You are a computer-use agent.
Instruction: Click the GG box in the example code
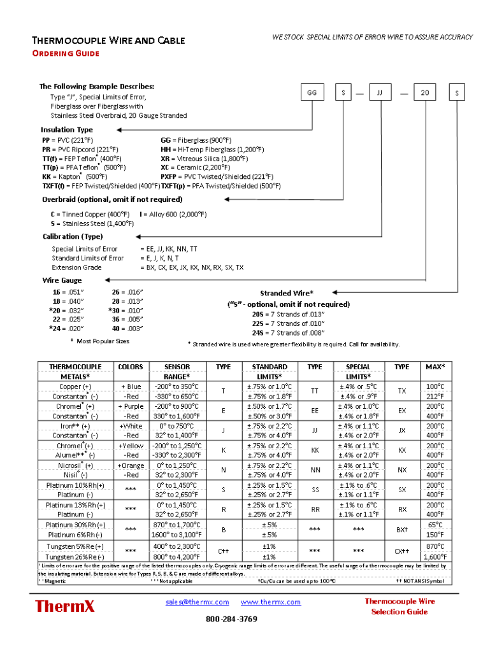click(x=312, y=93)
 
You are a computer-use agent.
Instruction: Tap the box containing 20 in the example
click(x=425, y=93)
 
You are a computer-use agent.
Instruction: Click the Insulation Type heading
click(x=67, y=130)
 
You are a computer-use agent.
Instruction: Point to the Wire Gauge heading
click(x=62, y=280)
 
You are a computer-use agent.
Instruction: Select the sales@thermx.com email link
click(x=197, y=602)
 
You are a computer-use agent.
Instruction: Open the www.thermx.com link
click(x=270, y=602)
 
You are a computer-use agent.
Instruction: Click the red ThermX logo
click(x=65, y=606)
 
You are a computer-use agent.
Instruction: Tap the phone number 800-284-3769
click(x=231, y=619)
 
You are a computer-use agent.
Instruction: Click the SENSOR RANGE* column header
click(x=177, y=372)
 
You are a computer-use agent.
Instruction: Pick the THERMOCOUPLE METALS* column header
click(x=75, y=372)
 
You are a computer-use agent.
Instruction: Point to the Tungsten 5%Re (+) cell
click(x=75, y=546)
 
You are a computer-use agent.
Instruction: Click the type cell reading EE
click(x=315, y=411)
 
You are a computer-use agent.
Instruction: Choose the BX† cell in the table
click(x=402, y=530)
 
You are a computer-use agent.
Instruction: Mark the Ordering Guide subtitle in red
click(x=66, y=53)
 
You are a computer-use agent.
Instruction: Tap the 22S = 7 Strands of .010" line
click(x=288, y=323)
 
